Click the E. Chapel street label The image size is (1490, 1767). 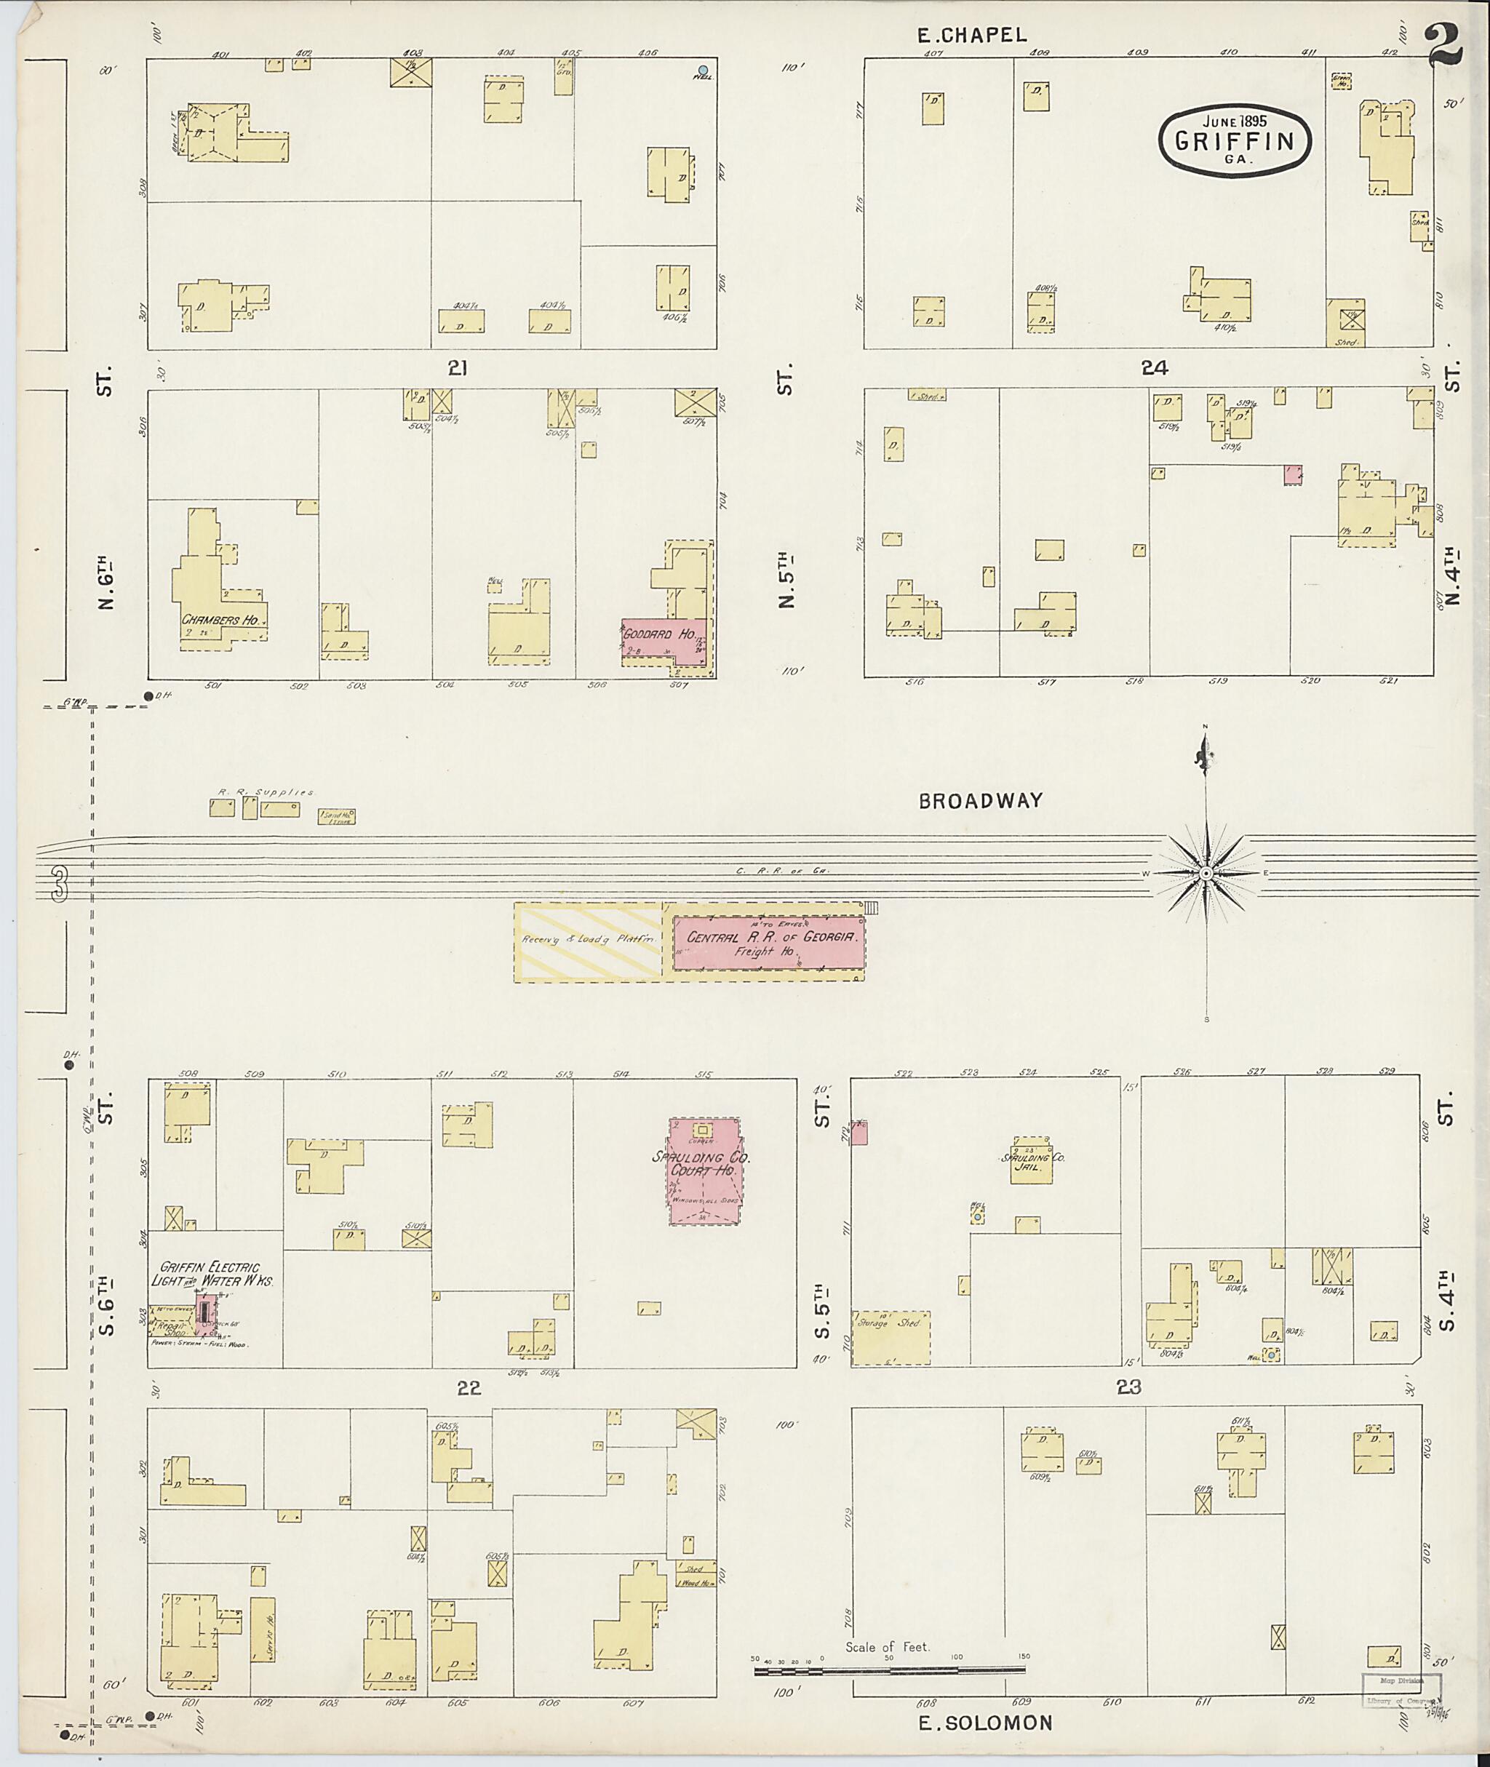(x=972, y=35)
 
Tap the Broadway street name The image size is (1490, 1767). (x=981, y=801)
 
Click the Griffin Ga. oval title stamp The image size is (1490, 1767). (x=1234, y=141)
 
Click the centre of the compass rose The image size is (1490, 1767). (x=1206, y=871)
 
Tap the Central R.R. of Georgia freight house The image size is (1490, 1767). (x=769, y=943)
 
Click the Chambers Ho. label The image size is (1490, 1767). (x=220, y=619)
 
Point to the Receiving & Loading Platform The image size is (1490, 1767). (x=589, y=943)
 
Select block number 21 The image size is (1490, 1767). (x=458, y=368)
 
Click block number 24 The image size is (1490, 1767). (x=1154, y=367)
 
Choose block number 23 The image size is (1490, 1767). (x=1128, y=1387)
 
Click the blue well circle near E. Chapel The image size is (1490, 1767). (x=702, y=70)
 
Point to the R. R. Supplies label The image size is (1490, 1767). (x=266, y=791)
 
